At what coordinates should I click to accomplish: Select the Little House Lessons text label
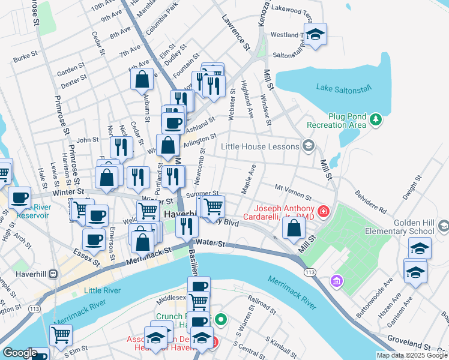260,146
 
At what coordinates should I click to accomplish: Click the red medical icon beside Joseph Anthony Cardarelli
324,211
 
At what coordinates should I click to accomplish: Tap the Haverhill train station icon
53,274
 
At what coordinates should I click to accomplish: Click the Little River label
102,290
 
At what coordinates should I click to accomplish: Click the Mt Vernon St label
293,192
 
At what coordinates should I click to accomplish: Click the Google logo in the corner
20,353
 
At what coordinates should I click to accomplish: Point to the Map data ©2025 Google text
411,355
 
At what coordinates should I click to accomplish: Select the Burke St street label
25,59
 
